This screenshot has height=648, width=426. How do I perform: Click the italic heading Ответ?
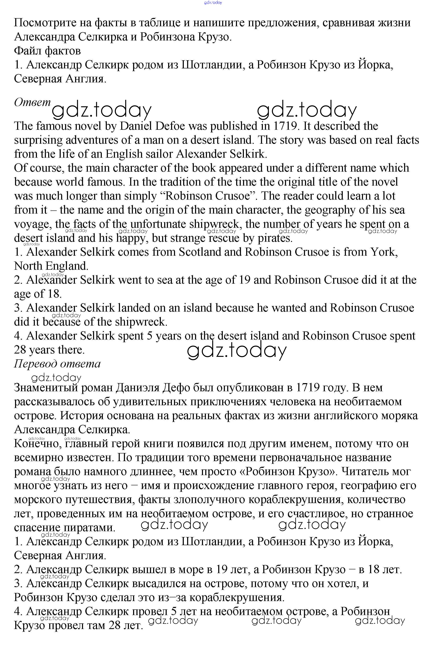[x=32, y=102]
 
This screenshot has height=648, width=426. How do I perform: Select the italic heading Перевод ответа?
[x=57, y=364]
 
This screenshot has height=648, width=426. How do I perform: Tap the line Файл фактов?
[x=47, y=51]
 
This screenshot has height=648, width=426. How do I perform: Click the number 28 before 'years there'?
[x=20, y=350]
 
